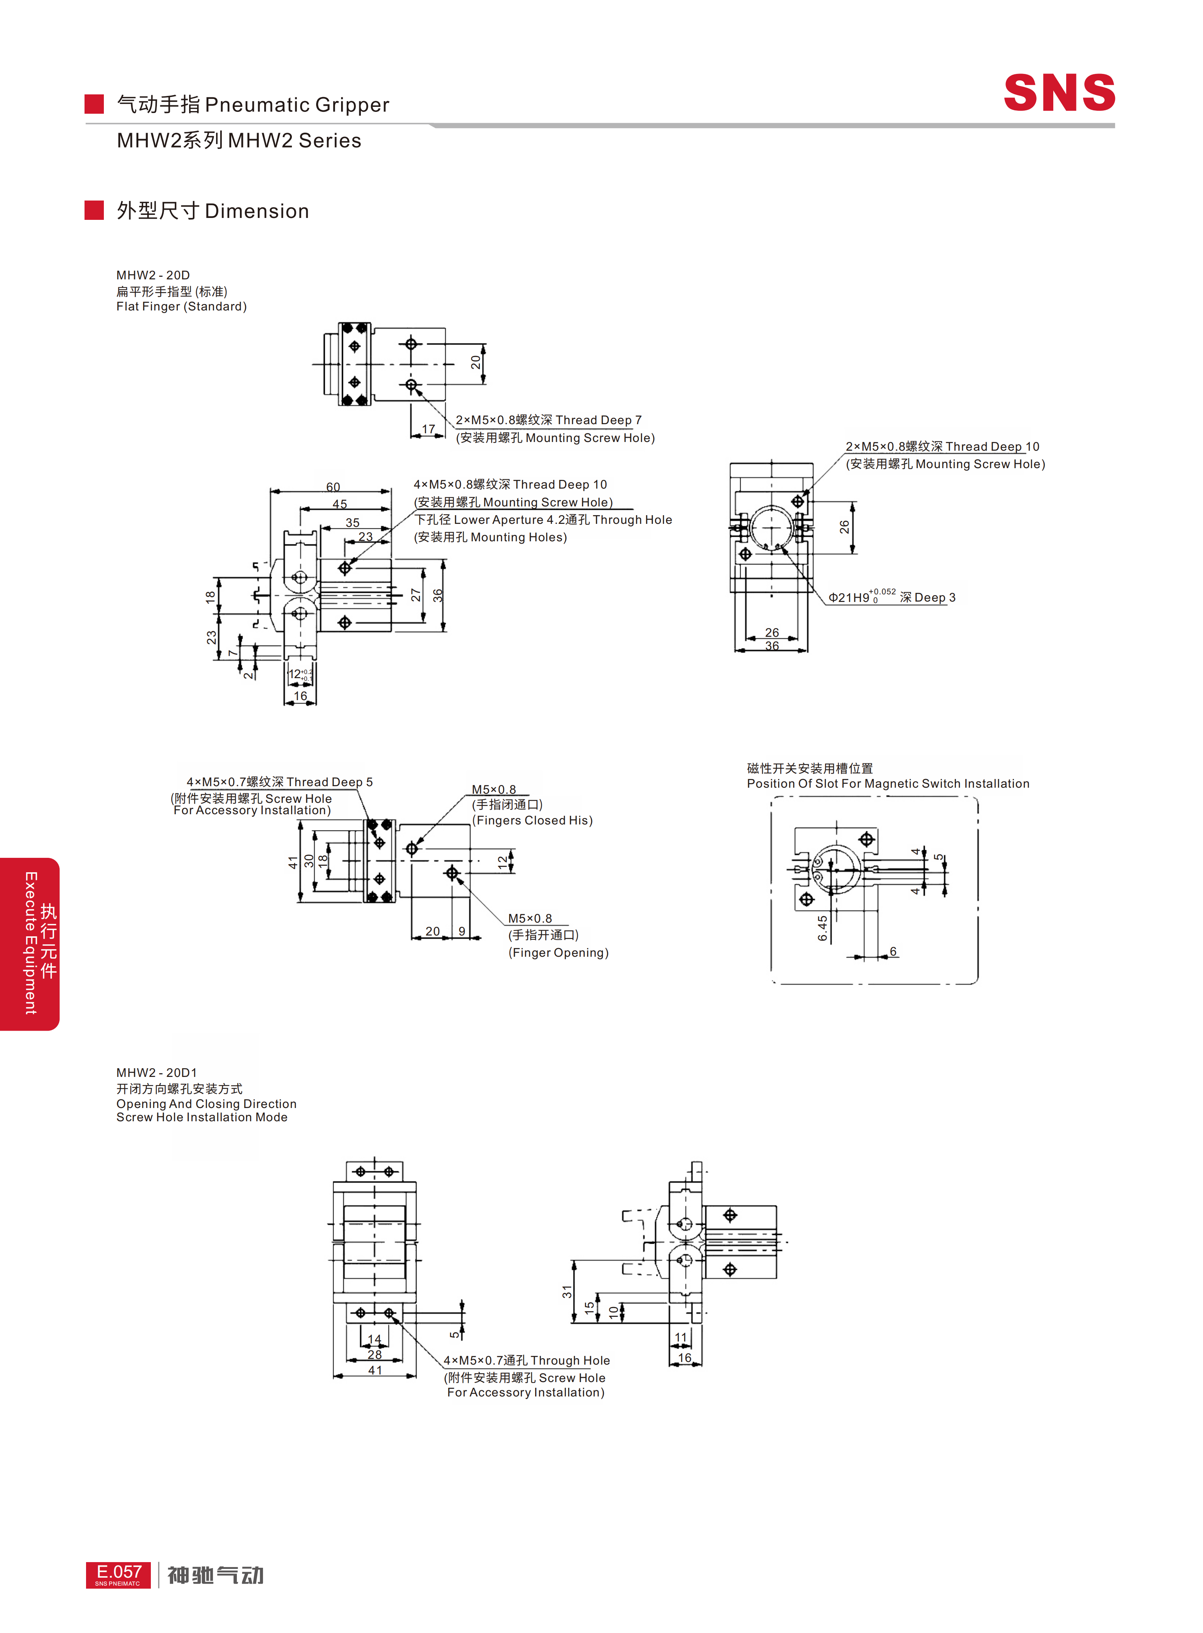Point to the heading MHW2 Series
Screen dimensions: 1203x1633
click(x=239, y=141)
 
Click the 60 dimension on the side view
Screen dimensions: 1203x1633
click(x=333, y=487)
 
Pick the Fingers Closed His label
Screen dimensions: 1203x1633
click(x=532, y=820)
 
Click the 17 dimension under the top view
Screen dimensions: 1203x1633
click(x=428, y=429)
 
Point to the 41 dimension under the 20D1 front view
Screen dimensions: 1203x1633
click(x=375, y=1370)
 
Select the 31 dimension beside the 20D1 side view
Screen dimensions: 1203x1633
click(x=567, y=1291)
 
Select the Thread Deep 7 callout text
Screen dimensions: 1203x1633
click(x=598, y=420)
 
